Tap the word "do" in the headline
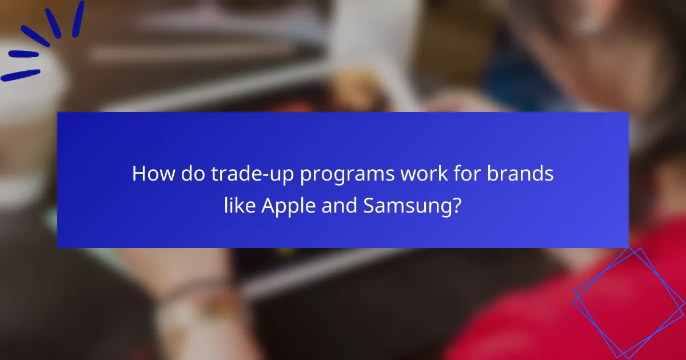click(x=188, y=174)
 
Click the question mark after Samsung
click(x=456, y=206)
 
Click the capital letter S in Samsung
click(x=369, y=206)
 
